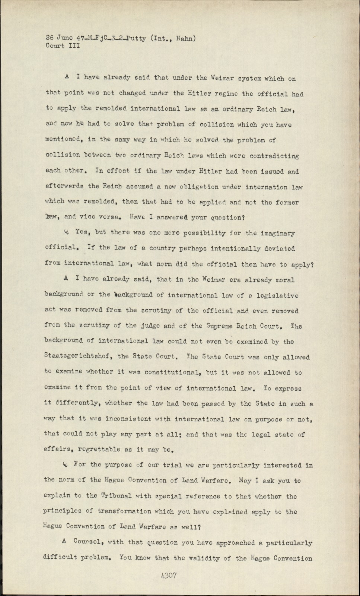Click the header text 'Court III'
pos(63,46)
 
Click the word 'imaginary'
pos(276,234)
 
